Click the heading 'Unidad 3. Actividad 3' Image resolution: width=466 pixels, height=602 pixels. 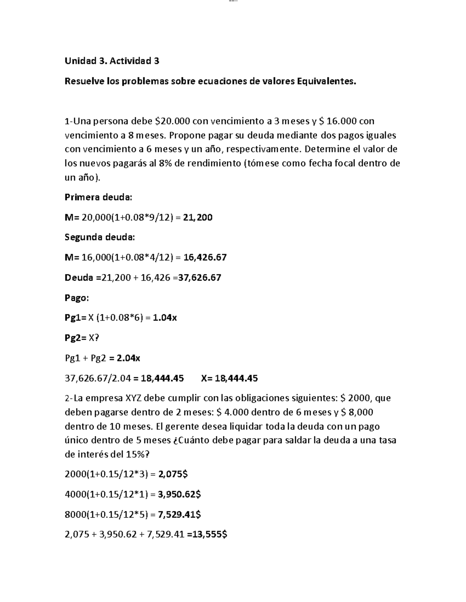pos(112,61)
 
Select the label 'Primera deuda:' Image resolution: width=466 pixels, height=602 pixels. pos(98,197)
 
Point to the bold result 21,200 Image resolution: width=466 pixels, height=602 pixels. pos(198,217)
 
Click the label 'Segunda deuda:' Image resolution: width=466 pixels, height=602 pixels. pos(100,237)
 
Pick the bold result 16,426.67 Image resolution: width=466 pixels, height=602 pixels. pos(205,257)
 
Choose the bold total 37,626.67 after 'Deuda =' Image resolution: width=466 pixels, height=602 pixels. pos(200,278)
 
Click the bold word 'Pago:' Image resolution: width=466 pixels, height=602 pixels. pos(77,298)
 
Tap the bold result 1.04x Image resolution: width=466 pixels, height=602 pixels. pos(165,318)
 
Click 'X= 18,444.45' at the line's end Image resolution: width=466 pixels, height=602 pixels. pos(230,378)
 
